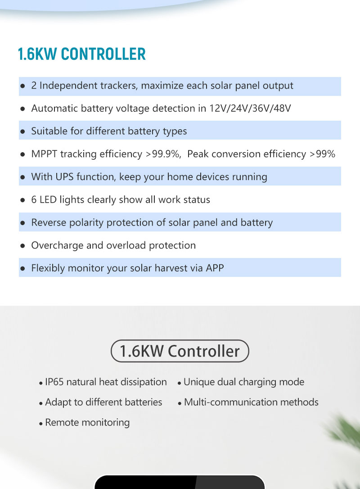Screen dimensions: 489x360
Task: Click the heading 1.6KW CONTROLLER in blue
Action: click(x=82, y=54)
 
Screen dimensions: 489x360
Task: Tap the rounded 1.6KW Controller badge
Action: click(x=180, y=351)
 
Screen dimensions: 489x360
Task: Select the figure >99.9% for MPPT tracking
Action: click(x=163, y=154)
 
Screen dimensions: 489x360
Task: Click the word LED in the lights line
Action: click(x=48, y=199)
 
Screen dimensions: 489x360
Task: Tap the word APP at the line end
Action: click(x=215, y=268)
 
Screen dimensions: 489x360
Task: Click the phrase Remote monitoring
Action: click(x=87, y=422)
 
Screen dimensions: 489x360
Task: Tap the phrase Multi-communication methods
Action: click(x=251, y=402)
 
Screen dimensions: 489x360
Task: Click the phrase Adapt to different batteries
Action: click(x=103, y=402)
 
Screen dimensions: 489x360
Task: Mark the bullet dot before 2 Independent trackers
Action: click(x=22, y=86)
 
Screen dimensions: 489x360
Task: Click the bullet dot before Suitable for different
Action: click(x=22, y=131)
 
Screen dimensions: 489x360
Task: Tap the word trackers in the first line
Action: click(x=120, y=86)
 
